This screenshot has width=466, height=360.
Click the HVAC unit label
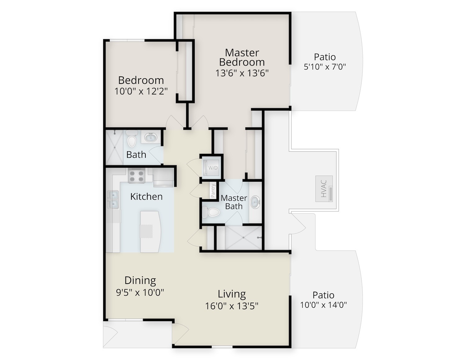[324, 189]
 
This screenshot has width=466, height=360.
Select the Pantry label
[213, 191]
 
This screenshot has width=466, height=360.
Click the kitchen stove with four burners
[136, 175]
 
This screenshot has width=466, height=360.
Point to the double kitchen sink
[113, 200]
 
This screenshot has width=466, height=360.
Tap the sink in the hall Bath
[151, 137]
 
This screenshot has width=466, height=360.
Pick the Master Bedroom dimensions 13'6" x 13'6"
[242, 73]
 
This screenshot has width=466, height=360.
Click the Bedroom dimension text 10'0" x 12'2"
[141, 91]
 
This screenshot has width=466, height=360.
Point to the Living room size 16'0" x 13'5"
[232, 306]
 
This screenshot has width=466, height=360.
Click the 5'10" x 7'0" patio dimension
[325, 67]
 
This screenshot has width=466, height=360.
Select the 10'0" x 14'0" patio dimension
[323, 305]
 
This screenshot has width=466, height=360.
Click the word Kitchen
[146, 197]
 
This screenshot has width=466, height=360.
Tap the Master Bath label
[234, 202]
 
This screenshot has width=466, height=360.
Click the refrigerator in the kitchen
[163, 178]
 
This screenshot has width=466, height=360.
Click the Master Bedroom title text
[242, 57]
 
